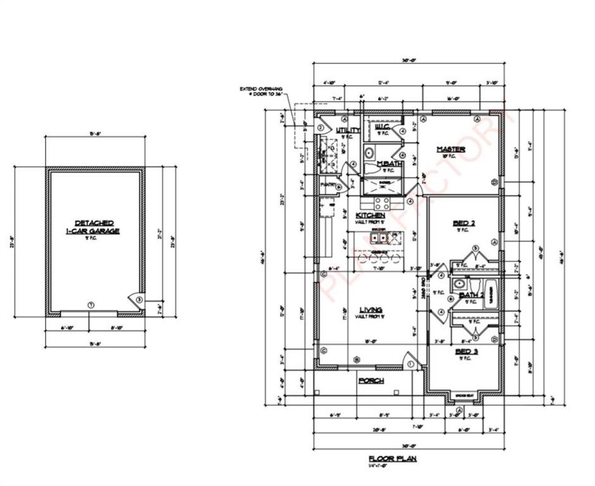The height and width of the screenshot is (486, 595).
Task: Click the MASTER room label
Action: click(x=450, y=149)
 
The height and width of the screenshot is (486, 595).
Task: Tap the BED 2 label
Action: click(x=464, y=224)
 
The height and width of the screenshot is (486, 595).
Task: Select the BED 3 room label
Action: click(x=466, y=352)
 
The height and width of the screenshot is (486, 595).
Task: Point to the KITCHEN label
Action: click(x=370, y=215)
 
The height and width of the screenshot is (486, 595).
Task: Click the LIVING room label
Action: click(x=370, y=310)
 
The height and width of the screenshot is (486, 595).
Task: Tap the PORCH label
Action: click(x=371, y=380)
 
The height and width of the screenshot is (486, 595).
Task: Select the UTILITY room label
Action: click(x=348, y=131)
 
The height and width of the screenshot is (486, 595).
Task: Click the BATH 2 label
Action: click(x=471, y=295)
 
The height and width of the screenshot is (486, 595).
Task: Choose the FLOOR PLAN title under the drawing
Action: click(x=392, y=459)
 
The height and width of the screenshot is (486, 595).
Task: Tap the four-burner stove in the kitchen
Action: click(x=382, y=203)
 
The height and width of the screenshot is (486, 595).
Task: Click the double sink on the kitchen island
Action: click(x=377, y=238)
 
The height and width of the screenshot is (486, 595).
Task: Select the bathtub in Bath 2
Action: click(x=490, y=294)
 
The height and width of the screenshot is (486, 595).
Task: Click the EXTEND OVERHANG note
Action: click(x=260, y=91)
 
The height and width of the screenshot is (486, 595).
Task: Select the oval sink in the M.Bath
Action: click(x=370, y=153)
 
